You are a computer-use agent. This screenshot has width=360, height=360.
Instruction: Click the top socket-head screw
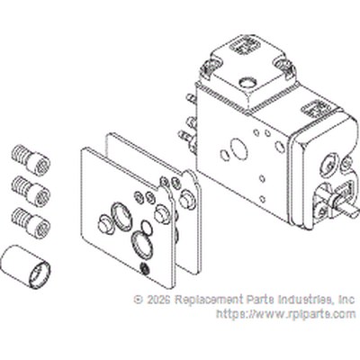point(31,160)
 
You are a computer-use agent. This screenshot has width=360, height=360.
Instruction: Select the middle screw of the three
point(31,192)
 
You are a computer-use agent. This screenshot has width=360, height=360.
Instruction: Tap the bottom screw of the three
point(31,223)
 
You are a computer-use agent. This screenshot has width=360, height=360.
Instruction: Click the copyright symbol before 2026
point(139,300)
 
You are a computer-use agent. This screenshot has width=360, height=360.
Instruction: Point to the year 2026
point(159,300)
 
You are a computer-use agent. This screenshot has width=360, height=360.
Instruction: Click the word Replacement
point(210,300)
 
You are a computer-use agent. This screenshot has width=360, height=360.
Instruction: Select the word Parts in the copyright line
point(260,300)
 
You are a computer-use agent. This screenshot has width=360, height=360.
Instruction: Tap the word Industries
point(305,300)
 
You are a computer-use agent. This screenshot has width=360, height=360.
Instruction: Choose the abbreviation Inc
point(346,300)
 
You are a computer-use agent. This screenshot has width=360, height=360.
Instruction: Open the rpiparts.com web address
point(286,314)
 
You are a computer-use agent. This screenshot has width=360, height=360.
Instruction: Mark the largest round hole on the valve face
point(239,148)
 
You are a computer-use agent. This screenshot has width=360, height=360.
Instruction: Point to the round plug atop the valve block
point(248,82)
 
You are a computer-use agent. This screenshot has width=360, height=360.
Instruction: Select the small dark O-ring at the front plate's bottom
point(145,268)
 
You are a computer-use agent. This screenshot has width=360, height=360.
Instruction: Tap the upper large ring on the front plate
point(121,214)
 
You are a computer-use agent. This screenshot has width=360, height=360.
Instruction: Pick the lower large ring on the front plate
point(142,243)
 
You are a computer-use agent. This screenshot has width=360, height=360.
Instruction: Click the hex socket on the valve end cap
point(329,165)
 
